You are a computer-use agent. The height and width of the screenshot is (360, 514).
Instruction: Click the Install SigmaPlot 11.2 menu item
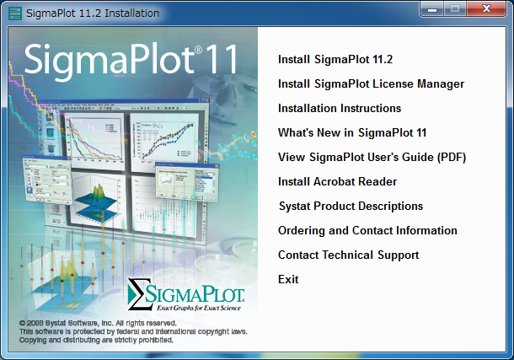pyautogui.click(x=335, y=59)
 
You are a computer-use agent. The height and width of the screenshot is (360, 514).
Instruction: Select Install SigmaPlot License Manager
pyautogui.click(x=371, y=84)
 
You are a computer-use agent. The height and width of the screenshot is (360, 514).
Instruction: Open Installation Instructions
pyautogui.click(x=340, y=108)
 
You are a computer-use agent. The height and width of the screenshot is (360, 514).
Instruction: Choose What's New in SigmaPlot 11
pyautogui.click(x=352, y=132)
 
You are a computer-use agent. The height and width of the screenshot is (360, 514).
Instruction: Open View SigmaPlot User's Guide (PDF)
pyautogui.click(x=372, y=158)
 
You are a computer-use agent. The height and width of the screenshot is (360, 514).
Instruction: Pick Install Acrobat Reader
pyautogui.click(x=337, y=181)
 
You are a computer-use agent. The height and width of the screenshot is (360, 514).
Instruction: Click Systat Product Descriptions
pyautogui.click(x=351, y=207)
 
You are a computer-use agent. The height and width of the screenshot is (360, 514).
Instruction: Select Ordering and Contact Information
pyautogui.click(x=367, y=230)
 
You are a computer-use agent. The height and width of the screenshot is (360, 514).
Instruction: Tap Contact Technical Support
pyautogui.click(x=349, y=255)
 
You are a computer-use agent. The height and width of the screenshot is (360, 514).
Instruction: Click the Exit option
pyautogui.click(x=288, y=279)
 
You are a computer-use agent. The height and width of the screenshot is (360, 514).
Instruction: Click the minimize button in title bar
pyautogui.click(x=432, y=8)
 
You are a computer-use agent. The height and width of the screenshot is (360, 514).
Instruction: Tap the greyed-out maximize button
pyautogui.click(x=455, y=8)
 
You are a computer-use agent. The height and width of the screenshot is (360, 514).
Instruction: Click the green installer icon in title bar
pyautogui.click(x=15, y=13)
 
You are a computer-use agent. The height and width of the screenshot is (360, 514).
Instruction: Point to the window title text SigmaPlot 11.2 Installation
pyautogui.click(x=93, y=13)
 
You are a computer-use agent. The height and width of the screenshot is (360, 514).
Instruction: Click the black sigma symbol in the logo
pyautogui.click(x=140, y=294)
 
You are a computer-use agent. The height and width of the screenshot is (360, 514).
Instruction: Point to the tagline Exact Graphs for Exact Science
pyautogui.click(x=199, y=308)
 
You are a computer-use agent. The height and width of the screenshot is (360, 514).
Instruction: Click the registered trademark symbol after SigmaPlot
pyautogui.click(x=198, y=50)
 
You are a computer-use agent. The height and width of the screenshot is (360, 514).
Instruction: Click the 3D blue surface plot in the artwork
pyautogui.click(x=96, y=202)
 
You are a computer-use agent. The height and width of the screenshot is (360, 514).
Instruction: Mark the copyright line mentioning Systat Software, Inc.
pyautogui.click(x=98, y=323)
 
